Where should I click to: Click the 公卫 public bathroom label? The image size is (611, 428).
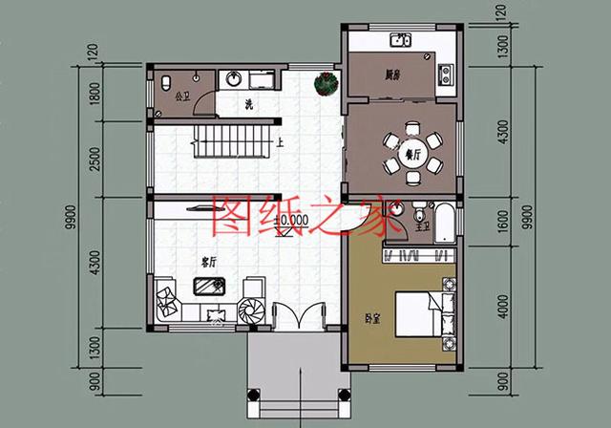click(183, 96)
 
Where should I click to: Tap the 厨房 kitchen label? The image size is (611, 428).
click(391, 74)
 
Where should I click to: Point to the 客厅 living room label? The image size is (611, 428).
click(210, 260)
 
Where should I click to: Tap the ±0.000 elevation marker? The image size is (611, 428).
click(290, 220)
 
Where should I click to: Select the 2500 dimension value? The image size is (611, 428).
click(93, 157)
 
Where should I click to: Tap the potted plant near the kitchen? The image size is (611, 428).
click(326, 83)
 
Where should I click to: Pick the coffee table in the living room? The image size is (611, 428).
click(207, 287)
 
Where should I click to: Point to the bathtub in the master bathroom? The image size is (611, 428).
click(445, 219)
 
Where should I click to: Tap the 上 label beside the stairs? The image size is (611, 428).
click(280, 144)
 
